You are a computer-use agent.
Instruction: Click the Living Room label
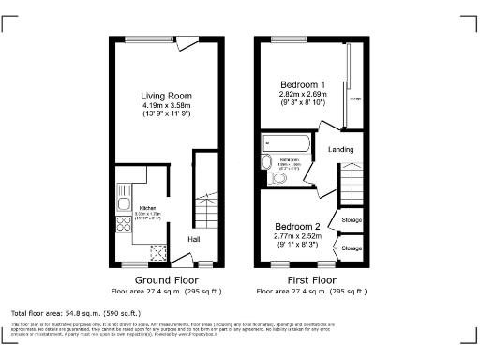pyautogui.click(x=165, y=96)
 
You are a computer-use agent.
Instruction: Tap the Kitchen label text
pyautogui.click(x=147, y=208)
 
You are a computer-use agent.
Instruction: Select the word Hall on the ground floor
pyautogui.click(x=193, y=239)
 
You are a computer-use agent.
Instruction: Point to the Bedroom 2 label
pyautogui.click(x=297, y=227)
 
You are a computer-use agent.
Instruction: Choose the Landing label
pyautogui.click(x=339, y=148)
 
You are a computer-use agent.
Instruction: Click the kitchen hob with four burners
pyautogui.click(x=122, y=223)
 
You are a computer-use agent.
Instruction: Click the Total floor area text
pyautogui.click(x=75, y=312)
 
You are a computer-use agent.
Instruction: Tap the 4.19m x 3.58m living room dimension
pyautogui.click(x=165, y=106)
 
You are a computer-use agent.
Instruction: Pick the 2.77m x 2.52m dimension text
pyautogui.click(x=297, y=236)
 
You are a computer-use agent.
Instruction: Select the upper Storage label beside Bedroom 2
pyautogui.click(x=352, y=221)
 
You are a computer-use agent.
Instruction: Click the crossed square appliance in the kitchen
pyautogui.click(x=158, y=249)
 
